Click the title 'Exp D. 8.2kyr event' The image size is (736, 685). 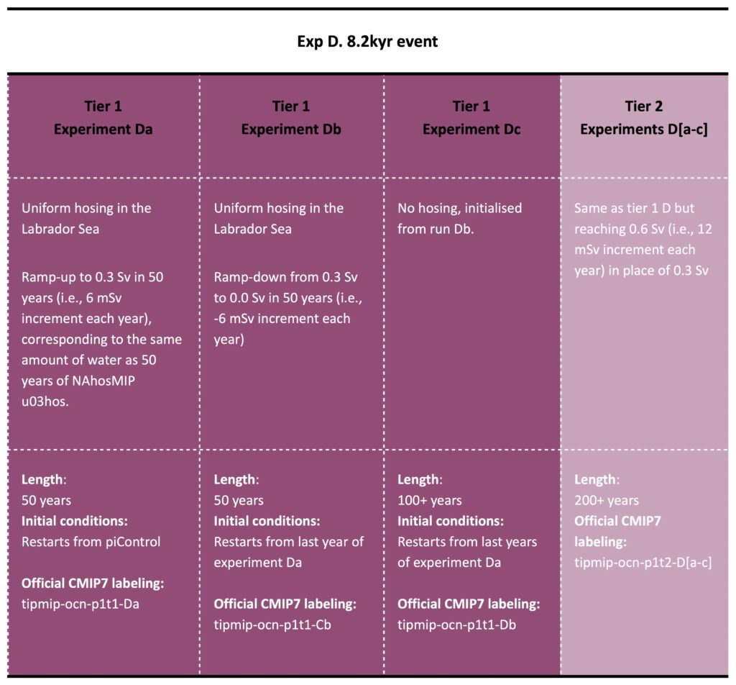pos(367,42)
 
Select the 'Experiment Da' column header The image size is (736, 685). pos(103,130)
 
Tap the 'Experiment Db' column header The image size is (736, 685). pos(291,130)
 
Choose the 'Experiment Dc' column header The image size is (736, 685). pos(471,130)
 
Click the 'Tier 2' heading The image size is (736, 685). pos(643,106)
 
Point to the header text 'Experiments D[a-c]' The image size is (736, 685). pos(643,130)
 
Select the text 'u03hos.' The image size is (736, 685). pos(45,402)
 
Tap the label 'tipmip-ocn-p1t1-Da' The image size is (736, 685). pos(80,604)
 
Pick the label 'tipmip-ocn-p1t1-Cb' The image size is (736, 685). pos(272,625)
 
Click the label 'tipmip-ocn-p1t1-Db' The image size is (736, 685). pos(456,625)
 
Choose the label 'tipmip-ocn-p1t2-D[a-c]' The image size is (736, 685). pos(643,563)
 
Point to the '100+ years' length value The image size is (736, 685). pos(430,500)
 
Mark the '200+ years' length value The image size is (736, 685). pos(607,500)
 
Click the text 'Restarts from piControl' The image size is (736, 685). pos(91,542)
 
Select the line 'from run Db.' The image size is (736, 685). pos(436,229)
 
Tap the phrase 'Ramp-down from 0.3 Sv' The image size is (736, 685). pos(286,277)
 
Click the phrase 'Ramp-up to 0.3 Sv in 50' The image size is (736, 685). pos(93,277)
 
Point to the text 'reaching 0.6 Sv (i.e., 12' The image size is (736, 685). pos(643,229)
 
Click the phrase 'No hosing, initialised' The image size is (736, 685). pos(459,208)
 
